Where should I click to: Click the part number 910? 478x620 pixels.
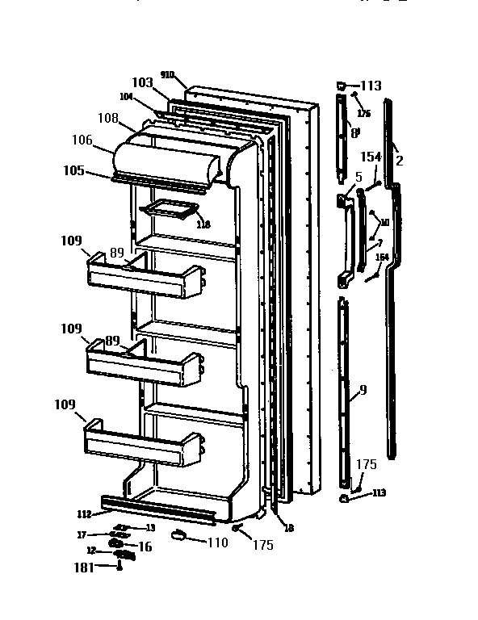[167, 74]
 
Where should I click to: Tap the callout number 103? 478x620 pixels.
[142, 82]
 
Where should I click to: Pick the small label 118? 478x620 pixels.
[203, 224]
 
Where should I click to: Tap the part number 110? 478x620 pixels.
[217, 543]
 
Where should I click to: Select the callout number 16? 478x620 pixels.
[145, 547]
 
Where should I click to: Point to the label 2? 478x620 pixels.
[399, 161]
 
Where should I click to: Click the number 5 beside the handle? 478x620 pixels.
[358, 177]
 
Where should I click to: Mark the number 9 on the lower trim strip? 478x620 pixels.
[363, 390]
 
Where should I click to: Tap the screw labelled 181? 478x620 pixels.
[119, 567]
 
